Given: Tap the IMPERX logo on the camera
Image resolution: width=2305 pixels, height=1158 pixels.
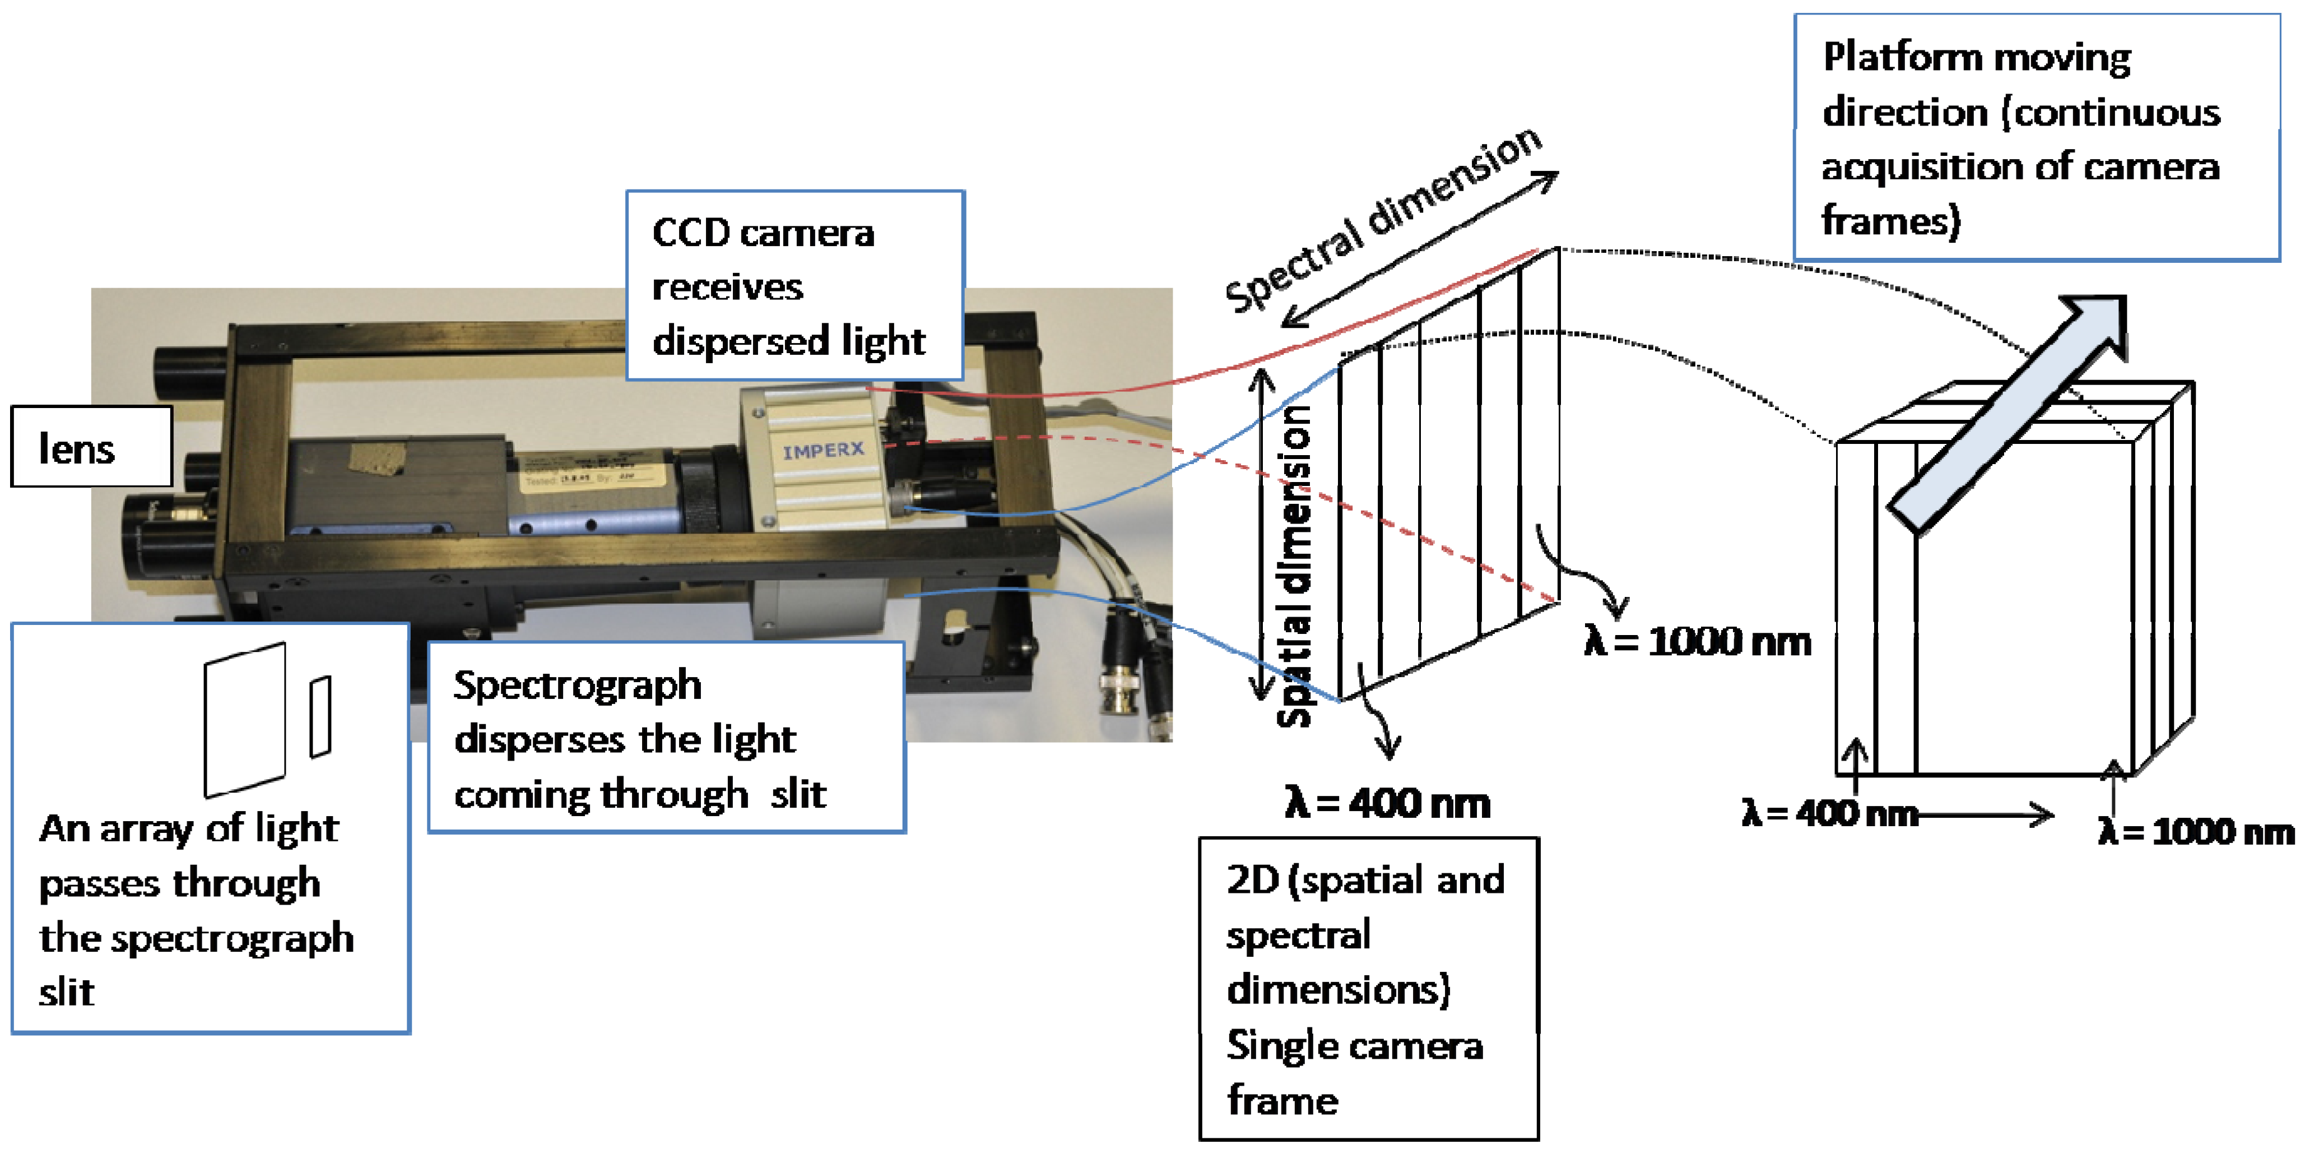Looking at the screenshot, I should pyautogui.click(x=822, y=450).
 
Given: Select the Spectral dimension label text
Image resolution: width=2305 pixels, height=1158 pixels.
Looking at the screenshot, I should pyautogui.click(x=1382, y=219).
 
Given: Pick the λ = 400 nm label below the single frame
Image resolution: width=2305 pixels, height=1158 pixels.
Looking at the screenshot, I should pyautogui.click(x=1387, y=803).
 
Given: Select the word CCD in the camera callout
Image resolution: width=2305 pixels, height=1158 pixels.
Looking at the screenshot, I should pyautogui.click(x=691, y=233).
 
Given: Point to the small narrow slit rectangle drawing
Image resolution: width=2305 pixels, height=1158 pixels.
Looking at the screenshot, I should pyautogui.click(x=320, y=717).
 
